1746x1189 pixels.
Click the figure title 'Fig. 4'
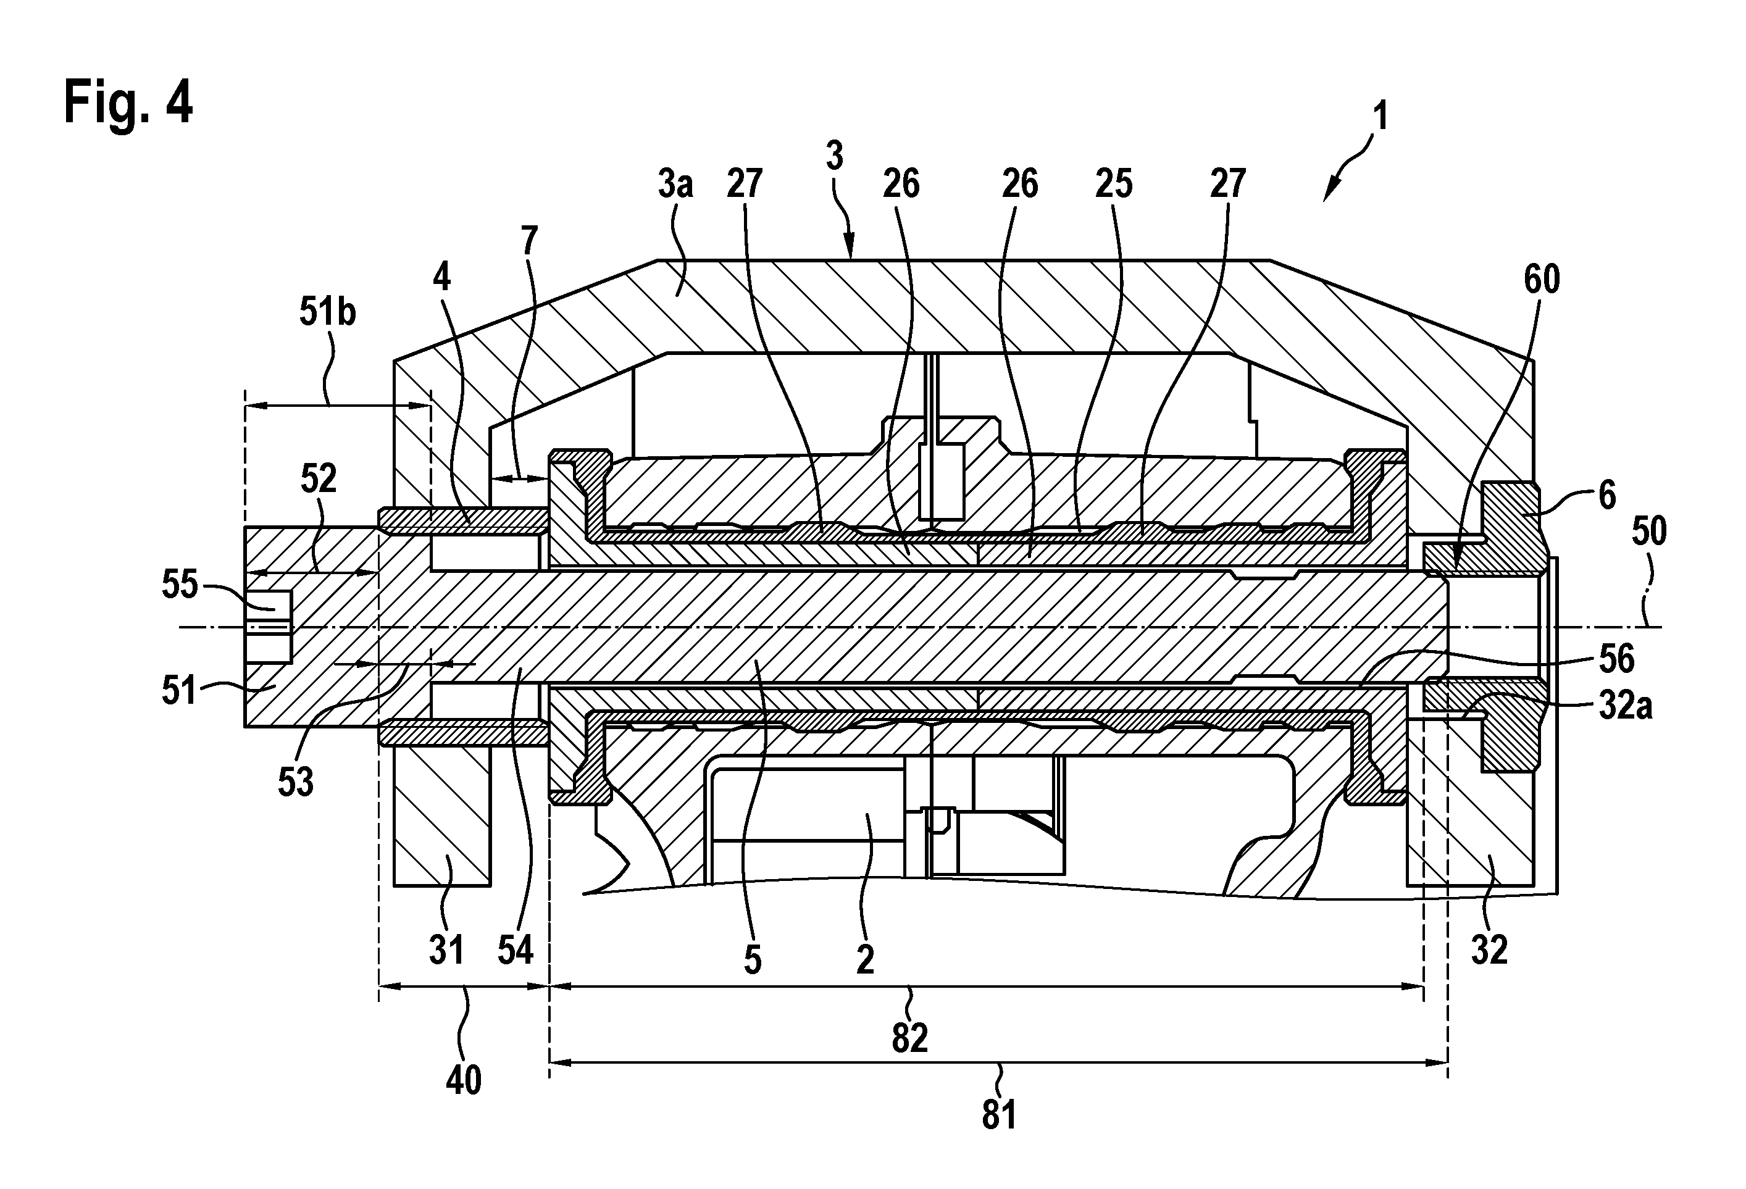point(128,103)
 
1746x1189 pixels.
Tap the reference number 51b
point(328,312)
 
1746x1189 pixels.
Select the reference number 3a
point(675,184)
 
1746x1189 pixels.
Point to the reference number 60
point(1542,280)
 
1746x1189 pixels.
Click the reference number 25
point(1113,184)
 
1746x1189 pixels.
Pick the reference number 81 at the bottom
point(999,1115)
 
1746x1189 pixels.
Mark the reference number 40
point(464,1081)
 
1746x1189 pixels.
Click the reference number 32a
point(1626,706)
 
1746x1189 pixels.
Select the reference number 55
point(180,585)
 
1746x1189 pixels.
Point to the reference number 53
point(295,783)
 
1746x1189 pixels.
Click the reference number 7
point(530,240)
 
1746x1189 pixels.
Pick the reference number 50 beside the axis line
point(1649,531)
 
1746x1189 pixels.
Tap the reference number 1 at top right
point(1379,119)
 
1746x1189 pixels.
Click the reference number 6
point(1607,496)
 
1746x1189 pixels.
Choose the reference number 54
point(516,950)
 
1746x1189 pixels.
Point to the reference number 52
point(319,479)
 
